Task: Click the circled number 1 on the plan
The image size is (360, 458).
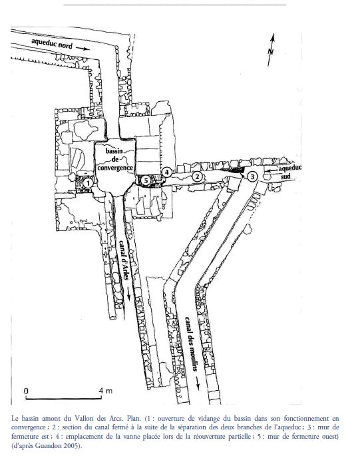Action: click(88, 183)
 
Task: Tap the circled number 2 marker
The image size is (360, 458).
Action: click(198, 176)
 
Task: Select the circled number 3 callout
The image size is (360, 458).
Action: click(252, 176)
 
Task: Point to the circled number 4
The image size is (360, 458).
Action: click(167, 172)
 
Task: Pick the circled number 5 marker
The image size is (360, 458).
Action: click(146, 180)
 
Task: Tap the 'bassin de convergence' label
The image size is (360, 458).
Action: click(115, 160)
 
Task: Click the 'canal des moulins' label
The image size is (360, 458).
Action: click(190, 343)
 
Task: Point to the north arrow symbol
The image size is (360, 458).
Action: click(271, 50)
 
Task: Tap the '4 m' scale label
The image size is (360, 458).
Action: click(105, 391)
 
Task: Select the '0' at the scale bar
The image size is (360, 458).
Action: click(27, 391)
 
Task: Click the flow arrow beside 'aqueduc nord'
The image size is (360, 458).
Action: click(83, 49)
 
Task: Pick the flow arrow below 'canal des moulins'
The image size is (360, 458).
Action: click(198, 383)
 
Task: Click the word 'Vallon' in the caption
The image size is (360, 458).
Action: click(83, 418)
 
